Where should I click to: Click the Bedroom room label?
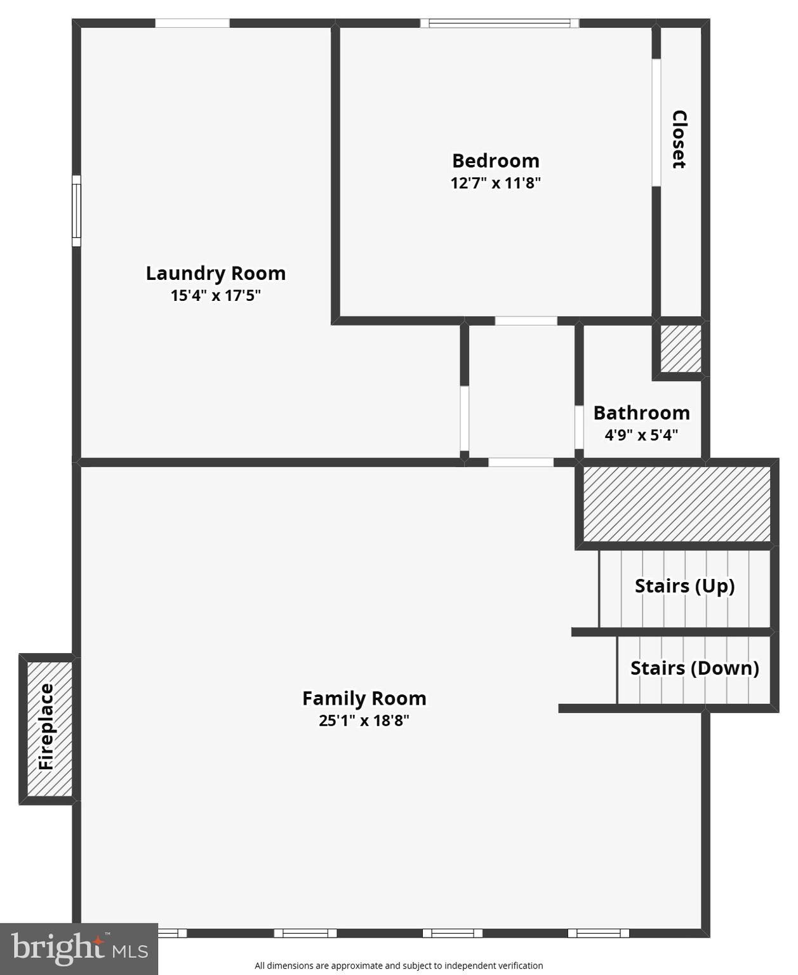point(495,161)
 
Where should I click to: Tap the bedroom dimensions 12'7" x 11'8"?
point(495,183)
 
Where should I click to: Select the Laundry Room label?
point(216,273)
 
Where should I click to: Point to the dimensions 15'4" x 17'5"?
point(216,296)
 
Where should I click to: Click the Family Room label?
point(364,698)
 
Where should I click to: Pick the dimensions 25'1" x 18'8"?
point(364,720)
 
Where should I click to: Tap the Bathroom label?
point(641,413)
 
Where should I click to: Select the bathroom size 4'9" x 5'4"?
point(641,435)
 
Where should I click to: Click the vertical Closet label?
point(679,139)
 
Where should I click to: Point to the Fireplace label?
point(46,727)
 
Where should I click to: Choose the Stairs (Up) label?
point(684,585)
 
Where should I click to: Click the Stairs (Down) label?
point(695,668)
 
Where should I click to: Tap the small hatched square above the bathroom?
point(681,348)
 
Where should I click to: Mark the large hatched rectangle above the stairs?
point(677,504)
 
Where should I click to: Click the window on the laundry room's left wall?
point(76,211)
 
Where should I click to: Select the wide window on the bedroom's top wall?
point(500,23)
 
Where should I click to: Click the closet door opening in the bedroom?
point(656,123)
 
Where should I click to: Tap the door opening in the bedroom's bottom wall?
point(526,321)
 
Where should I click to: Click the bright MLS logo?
point(79,948)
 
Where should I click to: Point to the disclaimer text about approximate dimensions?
point(399,965)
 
